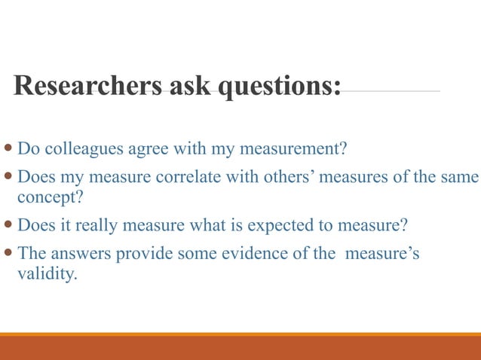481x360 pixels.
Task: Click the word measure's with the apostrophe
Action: (383, 254)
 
